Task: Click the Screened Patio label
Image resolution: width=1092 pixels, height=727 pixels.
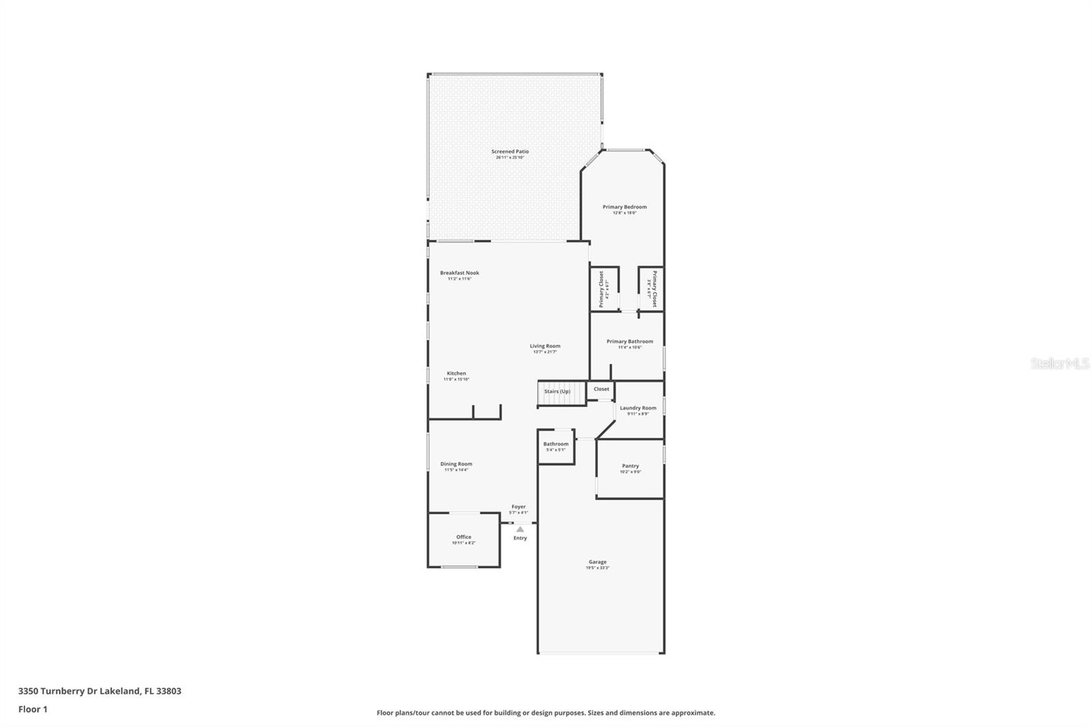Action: point(510,151)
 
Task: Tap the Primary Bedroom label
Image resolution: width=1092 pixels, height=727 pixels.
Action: point(624,207)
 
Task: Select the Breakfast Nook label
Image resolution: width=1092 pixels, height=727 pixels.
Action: point(459,273)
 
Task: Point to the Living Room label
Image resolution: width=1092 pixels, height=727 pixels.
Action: point(545,346)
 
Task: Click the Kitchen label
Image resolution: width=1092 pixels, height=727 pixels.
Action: point(457,373)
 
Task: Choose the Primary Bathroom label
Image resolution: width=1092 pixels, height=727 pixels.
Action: point(629,341)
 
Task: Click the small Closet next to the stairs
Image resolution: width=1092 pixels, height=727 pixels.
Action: point(601,389)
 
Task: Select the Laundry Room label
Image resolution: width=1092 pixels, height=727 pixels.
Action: point(638,408)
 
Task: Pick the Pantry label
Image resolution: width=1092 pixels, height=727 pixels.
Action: point(630,466)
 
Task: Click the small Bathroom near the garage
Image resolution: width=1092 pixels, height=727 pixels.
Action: point(556,446)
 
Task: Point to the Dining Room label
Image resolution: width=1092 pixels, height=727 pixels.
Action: point(456,464)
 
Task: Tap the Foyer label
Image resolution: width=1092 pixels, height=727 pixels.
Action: point(519,507)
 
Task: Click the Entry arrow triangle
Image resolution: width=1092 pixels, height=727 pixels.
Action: point(520,529)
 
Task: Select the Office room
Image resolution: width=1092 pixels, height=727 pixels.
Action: point(463,539)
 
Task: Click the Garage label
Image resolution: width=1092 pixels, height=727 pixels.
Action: point(597,562)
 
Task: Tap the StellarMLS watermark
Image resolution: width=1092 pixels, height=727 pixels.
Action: point(1059,363)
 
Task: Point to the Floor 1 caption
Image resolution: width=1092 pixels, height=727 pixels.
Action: point(33,709)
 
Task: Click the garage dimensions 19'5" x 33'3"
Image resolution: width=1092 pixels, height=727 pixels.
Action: point(597,568)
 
